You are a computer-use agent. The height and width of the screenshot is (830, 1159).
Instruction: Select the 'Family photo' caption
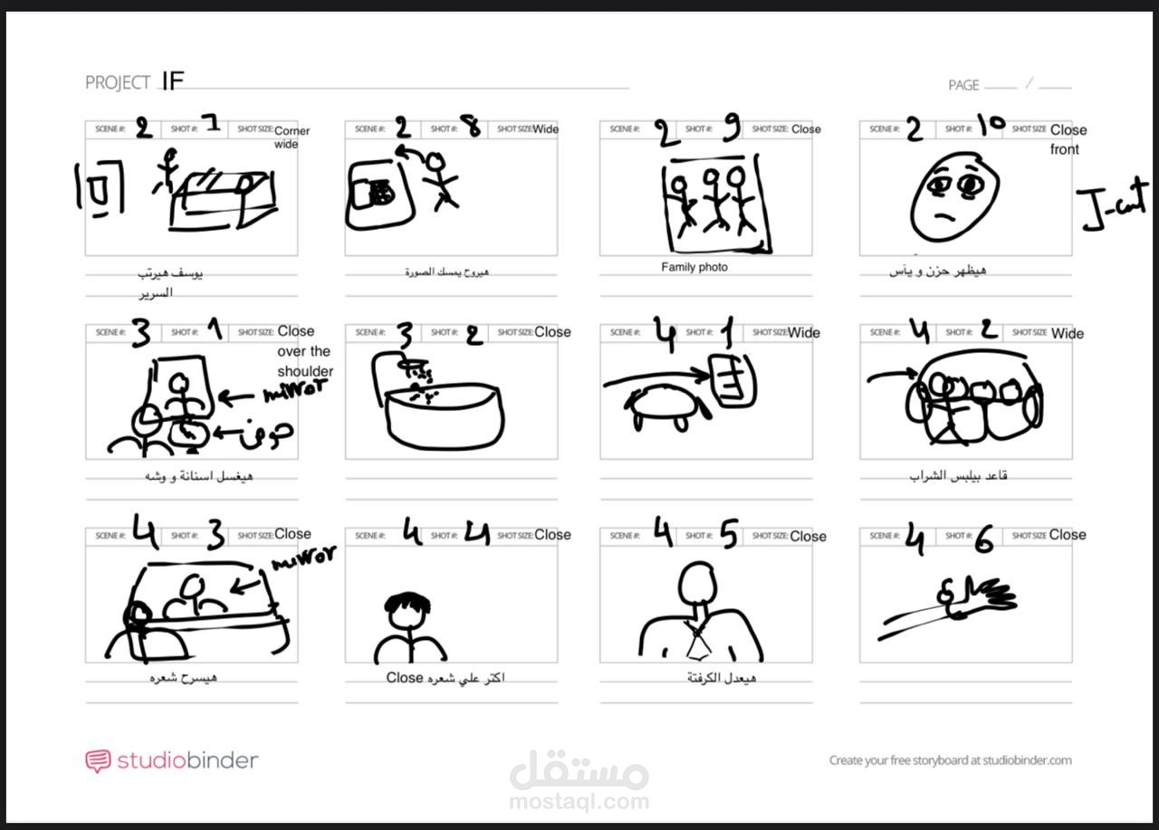pyautogui.click(x=694, y=267)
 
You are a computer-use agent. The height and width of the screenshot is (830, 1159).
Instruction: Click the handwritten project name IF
pyautogui.click(x=172, y=81)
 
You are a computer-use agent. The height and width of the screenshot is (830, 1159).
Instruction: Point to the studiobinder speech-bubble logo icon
pyautogui.click(x=98, y=760)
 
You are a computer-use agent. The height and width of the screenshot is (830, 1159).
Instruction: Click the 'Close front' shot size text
pyautogui.click(x=1068, y=139)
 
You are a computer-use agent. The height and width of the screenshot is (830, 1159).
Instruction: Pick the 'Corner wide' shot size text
pyautogui.click(x=290, y=137)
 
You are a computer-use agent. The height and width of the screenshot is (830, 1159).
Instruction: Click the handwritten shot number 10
pyautogui.click(x=991, y=126)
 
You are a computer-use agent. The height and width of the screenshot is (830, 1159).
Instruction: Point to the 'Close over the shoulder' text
pyautogui.click(x=305, y=351)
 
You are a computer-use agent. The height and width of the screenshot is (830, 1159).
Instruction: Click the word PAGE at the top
pyautogui.click(x=963, y=85)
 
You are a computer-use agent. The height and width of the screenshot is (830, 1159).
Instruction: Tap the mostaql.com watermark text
pyautogui.click(x=579, y=801)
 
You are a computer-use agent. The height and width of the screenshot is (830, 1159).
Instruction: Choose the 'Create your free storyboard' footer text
pyautogui.click(x=950, y=760)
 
